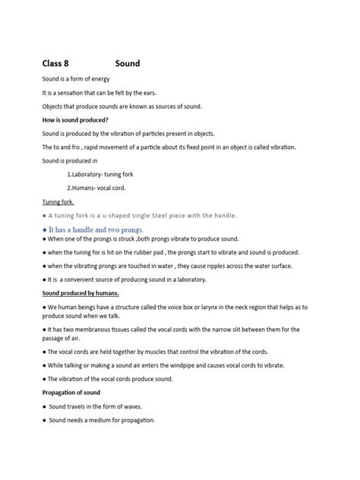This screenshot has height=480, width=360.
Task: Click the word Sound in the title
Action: click(128, 64)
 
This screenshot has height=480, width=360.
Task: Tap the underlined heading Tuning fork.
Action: click(58, 202)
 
